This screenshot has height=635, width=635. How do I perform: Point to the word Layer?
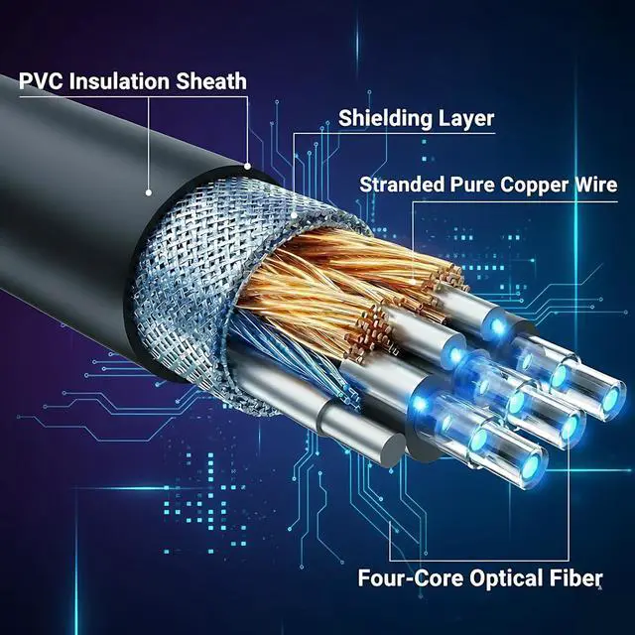(x=466, y=119)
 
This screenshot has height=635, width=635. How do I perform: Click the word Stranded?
(x=401, y=185)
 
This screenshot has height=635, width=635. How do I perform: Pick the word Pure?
(x=472, y=185)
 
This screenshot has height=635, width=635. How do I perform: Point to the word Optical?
(x=503, y=578)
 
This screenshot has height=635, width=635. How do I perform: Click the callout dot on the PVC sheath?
(x=149, y=192)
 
